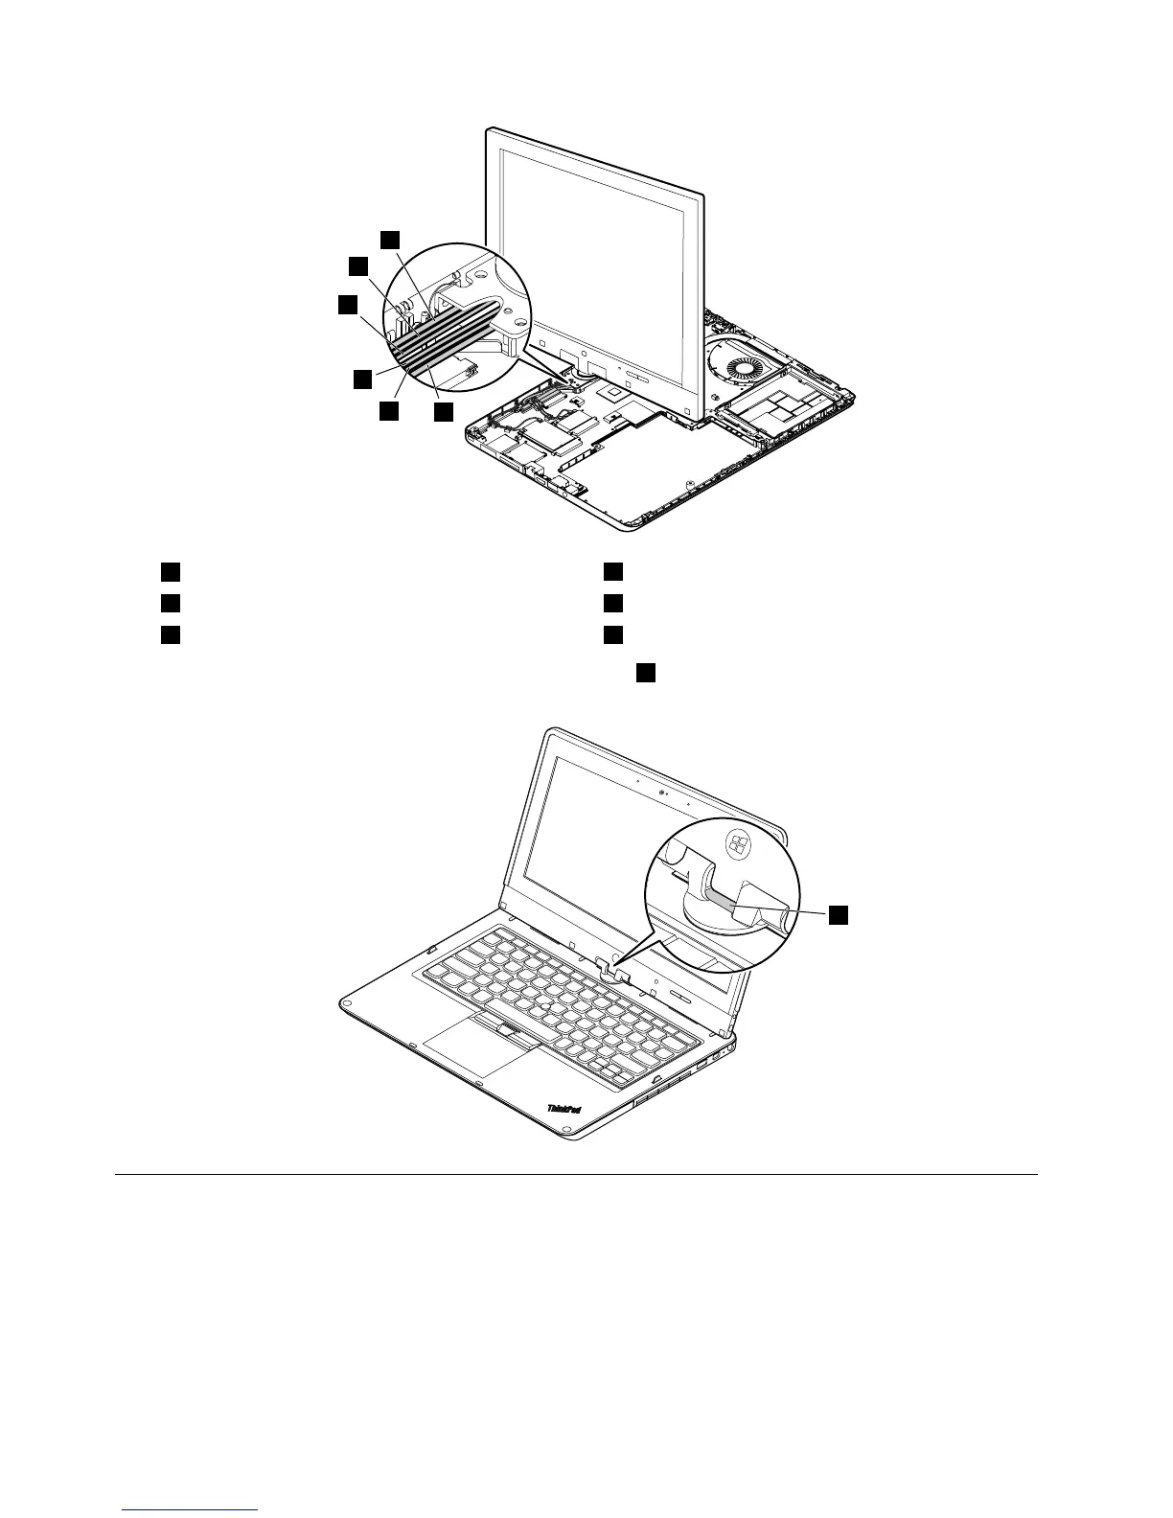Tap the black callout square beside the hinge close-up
tap(839, 914)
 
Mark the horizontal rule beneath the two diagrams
tap(576, 1174)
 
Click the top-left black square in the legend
tap(170, 572)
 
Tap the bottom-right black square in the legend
tap(613, 634)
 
